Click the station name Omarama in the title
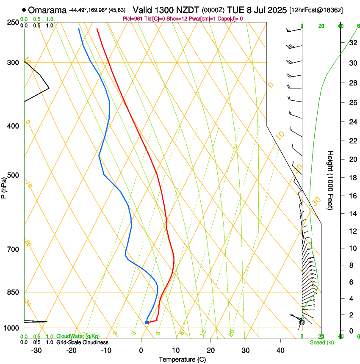click(x=47, y=10)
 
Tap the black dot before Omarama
click(x=24, y=10)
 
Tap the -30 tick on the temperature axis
click(x=36, y=350)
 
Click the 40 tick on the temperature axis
click(x=280, y=350)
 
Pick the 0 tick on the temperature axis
click(x=141, y=350)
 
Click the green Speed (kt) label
click(x=321, y=342)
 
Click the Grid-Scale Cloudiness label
click(x=82, y=342)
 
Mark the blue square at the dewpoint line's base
click(x=147, y=323)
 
